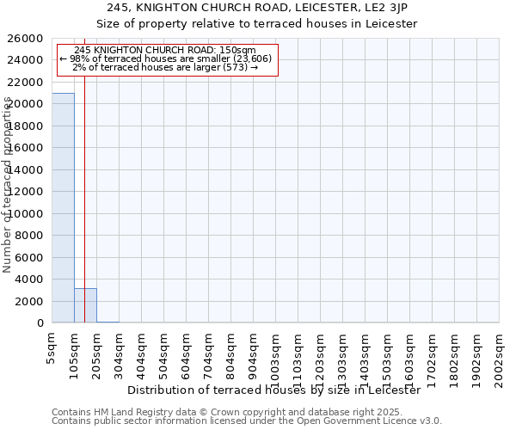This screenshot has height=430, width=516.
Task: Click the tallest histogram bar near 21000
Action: [63, 206]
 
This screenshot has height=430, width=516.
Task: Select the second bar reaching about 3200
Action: [85, 305]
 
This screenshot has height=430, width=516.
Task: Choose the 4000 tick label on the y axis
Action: [29, 279]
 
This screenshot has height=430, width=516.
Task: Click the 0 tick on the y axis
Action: [40, 323]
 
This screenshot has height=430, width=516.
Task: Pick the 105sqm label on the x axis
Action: [74, 353]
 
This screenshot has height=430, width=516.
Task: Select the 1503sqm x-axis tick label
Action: [387, 357]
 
